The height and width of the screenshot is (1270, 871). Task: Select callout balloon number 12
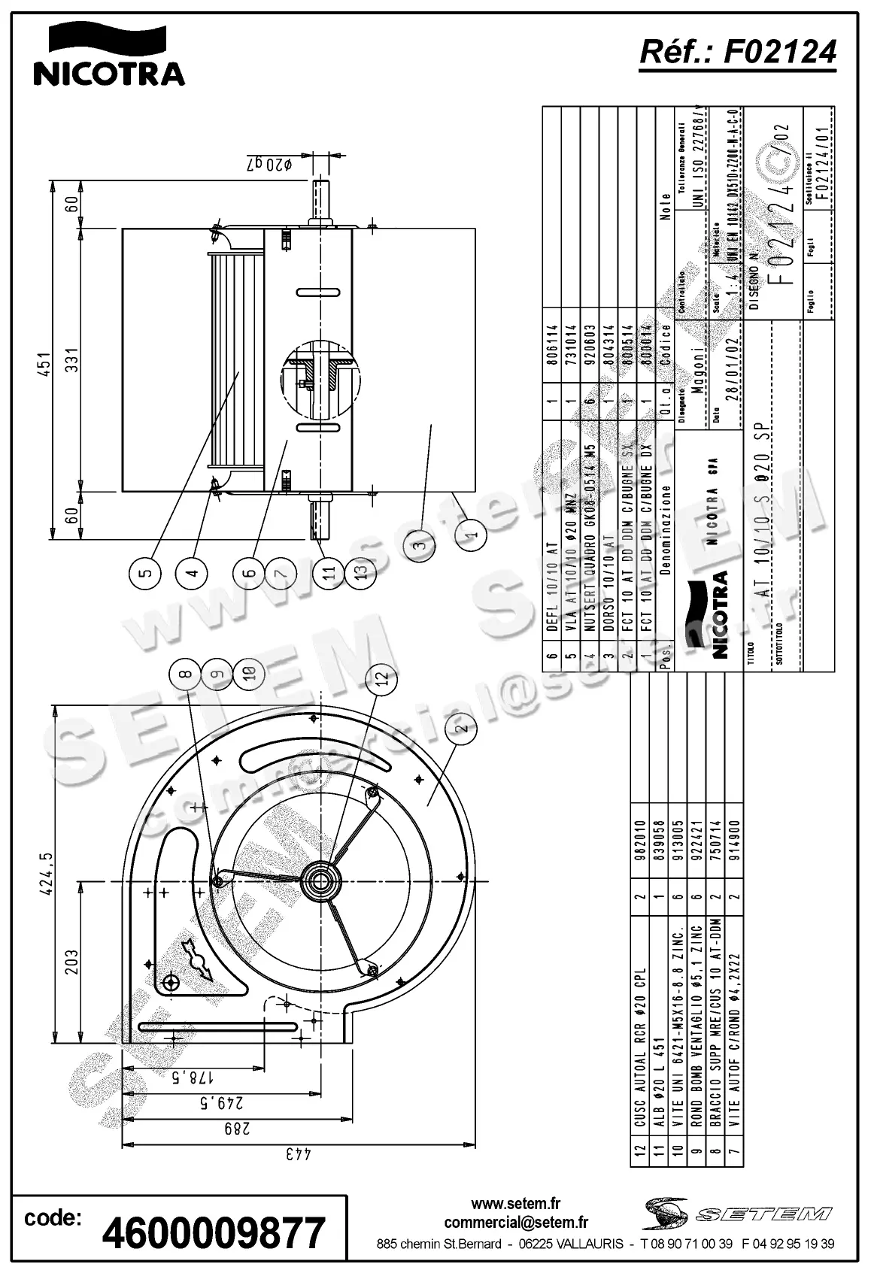[383, 677]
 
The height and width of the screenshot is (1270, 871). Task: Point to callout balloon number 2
[463, 726]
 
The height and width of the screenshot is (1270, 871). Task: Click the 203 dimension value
[72, 962]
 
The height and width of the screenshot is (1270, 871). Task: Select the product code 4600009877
[213, 1233]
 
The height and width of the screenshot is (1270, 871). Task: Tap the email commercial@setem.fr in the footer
[516, 1223]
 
